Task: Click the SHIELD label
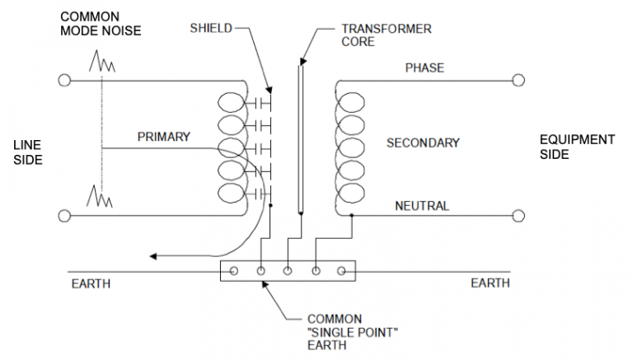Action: click(x=210, y=28)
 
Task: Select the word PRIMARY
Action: click(x=164, y=137)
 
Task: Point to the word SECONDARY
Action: click(x=423, y=143)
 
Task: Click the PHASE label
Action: click(x=424, y=68)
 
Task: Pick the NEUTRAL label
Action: click(x=422, y=205)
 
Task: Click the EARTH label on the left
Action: click(x=91, y=284)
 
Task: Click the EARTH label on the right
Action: click(x=490, y=283)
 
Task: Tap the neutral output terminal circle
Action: click(x=518, y=216)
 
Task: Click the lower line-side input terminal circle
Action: click(x=65, y=216)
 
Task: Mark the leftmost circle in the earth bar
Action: click(x=234, y=270)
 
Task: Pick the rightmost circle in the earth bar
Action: click(x=341, y=270)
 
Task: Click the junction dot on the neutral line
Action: click(x=352, y=216)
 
